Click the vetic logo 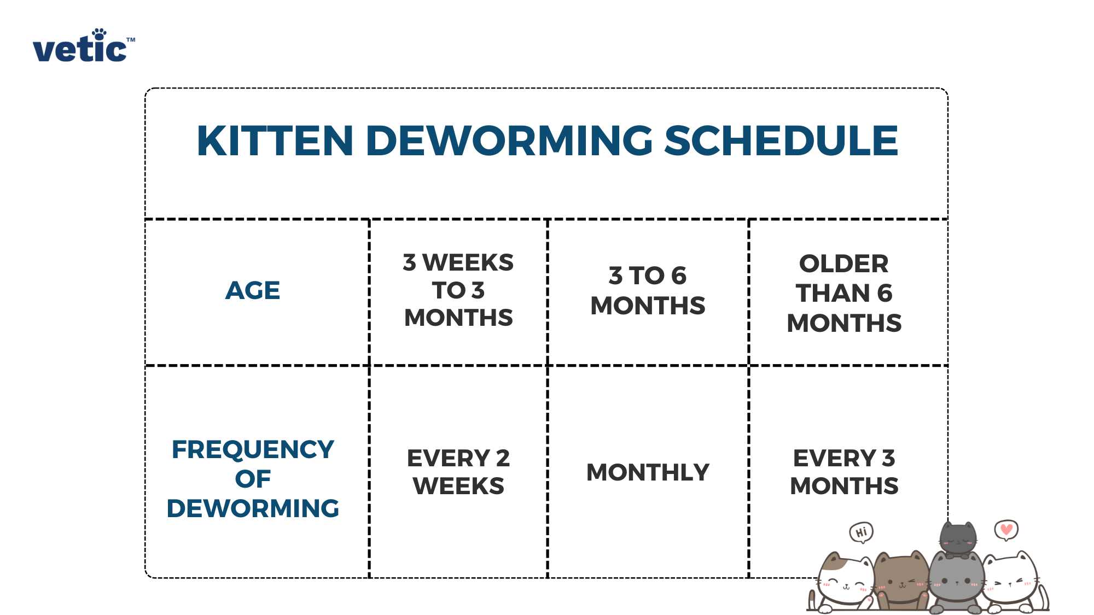tap(82, 47)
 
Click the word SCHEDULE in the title tap(781, 140)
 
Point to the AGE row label tap(253, 290)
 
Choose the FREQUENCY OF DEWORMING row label tap(253, 478)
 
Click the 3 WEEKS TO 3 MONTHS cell tap(458, 290)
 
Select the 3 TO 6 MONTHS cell tap(648, 290)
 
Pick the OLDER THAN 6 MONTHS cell tap(844, 293)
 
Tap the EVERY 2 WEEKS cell tap(458, 472)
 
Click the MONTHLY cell tap(648, 472)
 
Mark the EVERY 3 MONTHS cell tap(844, 472)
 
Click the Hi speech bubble tap(861, 532)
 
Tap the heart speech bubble tap(1006, 529)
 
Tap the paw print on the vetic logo tap(99, 34)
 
